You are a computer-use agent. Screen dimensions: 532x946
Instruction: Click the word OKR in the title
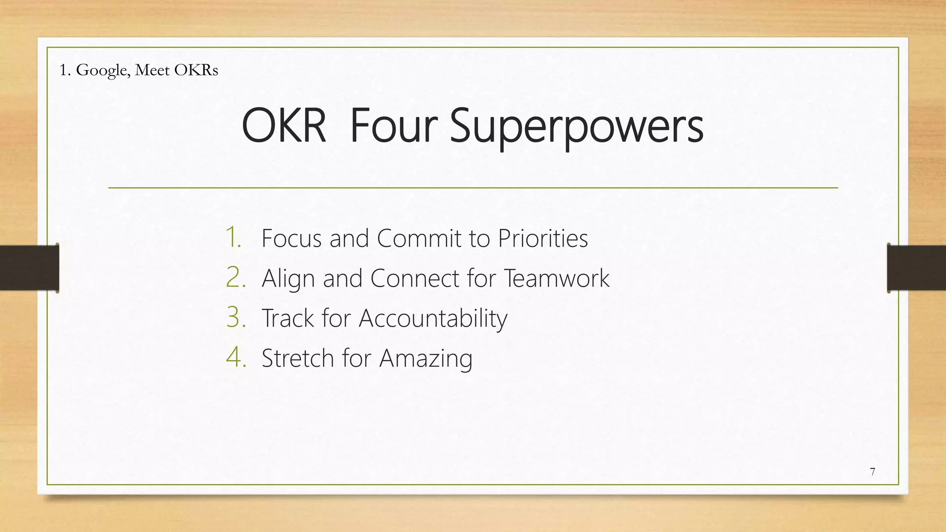click(x=284, y=126)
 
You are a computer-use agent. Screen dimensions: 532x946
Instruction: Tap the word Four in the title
click(x=394, y=126)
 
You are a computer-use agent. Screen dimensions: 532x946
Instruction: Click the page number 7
click(x=872, y=472)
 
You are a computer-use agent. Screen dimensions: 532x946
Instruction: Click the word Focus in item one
click(x=291, y=238)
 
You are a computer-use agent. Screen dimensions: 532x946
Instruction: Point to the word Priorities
click(x=543, y=238)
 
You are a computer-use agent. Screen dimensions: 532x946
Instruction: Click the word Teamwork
click(x=556, y=278)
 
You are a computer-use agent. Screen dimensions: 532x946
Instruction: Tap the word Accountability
click(x=433, y=319)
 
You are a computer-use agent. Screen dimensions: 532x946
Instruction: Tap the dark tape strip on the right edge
click(x=916, y=268)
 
